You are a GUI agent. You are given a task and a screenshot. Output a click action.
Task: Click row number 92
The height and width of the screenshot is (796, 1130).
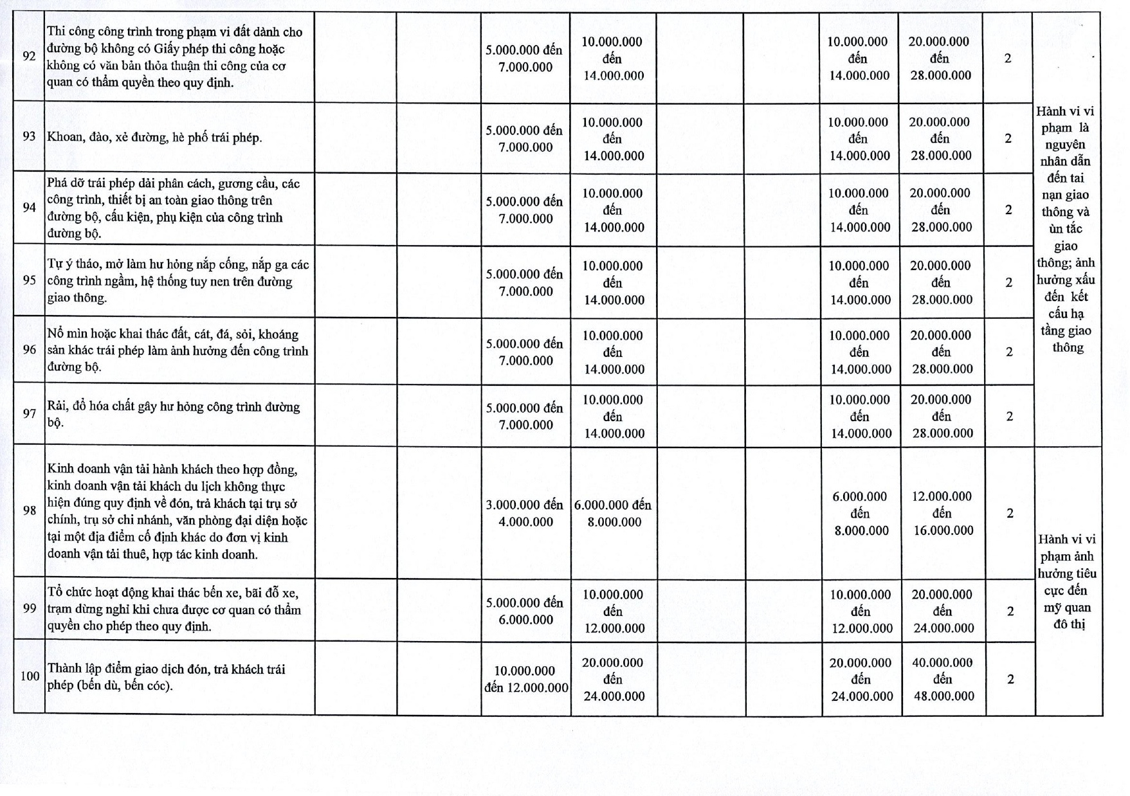tap(29, 57)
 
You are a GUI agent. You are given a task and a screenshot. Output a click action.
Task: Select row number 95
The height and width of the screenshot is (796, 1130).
tap(29, 280)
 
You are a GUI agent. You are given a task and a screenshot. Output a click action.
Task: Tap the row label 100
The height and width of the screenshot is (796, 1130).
tap(30, 676)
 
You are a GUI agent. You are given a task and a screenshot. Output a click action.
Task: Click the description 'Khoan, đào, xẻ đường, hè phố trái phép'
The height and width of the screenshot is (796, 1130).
tap(154, 138)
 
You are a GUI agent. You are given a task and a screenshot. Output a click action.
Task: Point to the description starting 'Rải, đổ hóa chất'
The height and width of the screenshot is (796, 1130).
tap(174, 415)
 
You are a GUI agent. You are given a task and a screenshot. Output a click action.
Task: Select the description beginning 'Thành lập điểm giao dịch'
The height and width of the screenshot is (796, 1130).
tap(166, 677)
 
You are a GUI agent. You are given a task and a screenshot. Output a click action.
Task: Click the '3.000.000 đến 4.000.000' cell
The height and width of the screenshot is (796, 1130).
tap(525, 513)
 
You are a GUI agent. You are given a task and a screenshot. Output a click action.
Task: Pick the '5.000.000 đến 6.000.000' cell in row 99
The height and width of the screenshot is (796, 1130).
tap(525, 611)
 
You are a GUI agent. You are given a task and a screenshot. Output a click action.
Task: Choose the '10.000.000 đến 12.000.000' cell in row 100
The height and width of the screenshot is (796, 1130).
tap(526, 679)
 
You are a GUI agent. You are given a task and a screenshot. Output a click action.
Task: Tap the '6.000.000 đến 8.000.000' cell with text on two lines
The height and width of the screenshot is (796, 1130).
tap(613, 513)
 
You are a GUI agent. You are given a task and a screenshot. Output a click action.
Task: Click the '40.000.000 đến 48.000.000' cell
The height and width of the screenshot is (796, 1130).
tap(943, 679)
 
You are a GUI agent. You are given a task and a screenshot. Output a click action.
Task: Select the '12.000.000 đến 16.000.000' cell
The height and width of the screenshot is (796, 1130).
tap(942, 513)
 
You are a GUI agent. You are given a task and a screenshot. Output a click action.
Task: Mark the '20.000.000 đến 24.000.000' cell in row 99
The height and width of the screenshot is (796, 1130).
tap(943, 611)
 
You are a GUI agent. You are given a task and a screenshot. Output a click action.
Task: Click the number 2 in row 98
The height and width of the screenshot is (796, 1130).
tap(1010, 513)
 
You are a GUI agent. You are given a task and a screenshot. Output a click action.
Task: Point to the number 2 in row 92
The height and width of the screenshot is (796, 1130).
tap(1008, 58)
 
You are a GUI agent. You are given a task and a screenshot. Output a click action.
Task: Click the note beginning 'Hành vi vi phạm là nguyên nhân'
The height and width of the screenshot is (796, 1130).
tap(1066, 229)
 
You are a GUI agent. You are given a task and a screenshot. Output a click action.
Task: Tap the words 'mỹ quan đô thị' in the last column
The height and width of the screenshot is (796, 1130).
tap(1068, 615)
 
